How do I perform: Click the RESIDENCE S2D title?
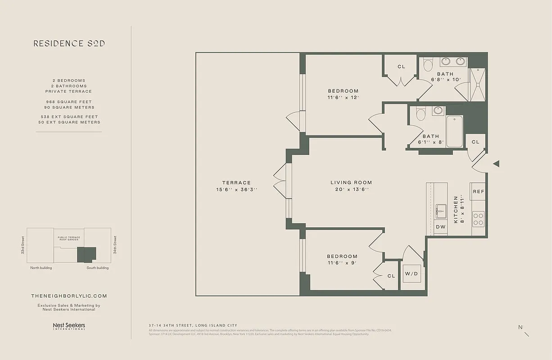pos(69,44)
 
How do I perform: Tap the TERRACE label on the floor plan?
pos(236,183)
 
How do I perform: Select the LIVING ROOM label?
pos(351,183)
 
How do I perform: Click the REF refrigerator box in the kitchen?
pos(478,192)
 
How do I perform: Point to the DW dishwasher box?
pos(440,227)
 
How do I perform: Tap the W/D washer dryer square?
pos(412,274)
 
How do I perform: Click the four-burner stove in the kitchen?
pos(478,219)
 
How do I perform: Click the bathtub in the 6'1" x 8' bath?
pos(454,131)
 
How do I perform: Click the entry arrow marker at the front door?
pos(496,164)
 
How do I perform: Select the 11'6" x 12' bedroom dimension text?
pos(343,97)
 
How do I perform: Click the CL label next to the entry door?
pos(475,142)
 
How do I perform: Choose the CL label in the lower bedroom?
pos(391,276)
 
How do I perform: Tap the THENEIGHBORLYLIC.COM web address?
pos(69,296)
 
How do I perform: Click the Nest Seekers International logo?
pos(69,326)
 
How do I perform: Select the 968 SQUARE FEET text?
pos(69,102)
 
